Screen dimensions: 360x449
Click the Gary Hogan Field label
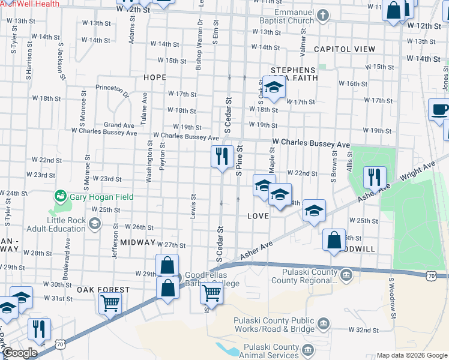pyautogui.click(x=101, y=197)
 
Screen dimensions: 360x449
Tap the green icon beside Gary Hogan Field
pyautogui.click(x=60, y=196)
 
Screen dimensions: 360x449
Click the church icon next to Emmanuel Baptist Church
pyautogui.click(x=322, y=14)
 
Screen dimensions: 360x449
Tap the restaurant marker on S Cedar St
pyautogui.click(x=222, y=157)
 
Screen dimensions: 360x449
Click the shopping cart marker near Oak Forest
pyautogui.click(x=110, y=304)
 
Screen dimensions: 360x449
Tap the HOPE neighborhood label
pyautogui.click(x=155, y=78)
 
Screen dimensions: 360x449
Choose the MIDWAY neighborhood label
pyautogui.click(x=137, y=242)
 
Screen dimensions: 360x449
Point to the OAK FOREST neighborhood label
pyautogui.click(x=103, y=290)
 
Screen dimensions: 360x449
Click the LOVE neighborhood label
pyautogui.click(x=257, y=215)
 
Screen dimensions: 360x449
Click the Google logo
pyautogui.click(x=20, y=353)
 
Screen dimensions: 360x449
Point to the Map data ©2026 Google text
pyautogui.click(x=412, y=355)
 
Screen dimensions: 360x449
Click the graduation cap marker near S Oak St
pyautogui.click(x=274, y=88)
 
